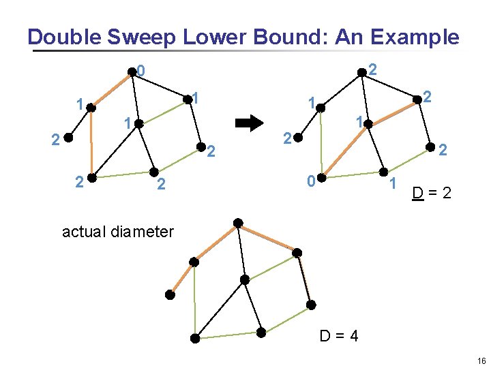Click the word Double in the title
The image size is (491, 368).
point(59,37)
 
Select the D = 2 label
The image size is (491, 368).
point(431,194)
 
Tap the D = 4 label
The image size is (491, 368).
point(339,336)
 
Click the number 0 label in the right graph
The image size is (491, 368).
point(310,181)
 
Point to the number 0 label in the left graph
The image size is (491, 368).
point(140,70)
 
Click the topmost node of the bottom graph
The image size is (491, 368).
point(237,223)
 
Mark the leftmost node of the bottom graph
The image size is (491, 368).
point(169,294)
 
